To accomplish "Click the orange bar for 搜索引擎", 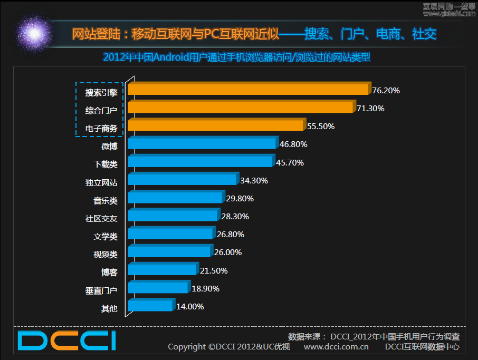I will pyautogui.click(x=248, y=89).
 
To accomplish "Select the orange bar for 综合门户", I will pyautogui.click(x=241, y=108).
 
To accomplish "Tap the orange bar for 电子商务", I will pyautogui.click(x=216, y=125).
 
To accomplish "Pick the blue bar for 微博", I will pyautogui.click(x=202, y=143).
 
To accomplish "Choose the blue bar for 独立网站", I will pyautogui.click(x=183, y=180).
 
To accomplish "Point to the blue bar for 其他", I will pyautogui.click(x=150, y=306).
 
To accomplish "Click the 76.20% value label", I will pyautogui.click(x=386, y=91).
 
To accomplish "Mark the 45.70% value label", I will pyautogui.click(x=290, y=163).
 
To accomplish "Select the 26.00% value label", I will pyautogui.click(x=228, y=252).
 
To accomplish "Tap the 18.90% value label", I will pyautogui.click(x=205, y=289).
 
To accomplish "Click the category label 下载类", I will pyautogui.click(x=106, y=164).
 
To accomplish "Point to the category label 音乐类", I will pyautogui.click(x=106, y=200).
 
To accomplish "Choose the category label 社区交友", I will pyautogui.click(x=101, y=218).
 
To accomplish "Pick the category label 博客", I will pyautogui.click(x=109, y=273).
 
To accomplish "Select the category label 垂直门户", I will pyautogui.click(x=101, y=290).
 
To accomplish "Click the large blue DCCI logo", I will pyautogui.click(x=66, y=340).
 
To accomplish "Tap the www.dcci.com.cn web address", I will pyautogui.click(x=336, y=347).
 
